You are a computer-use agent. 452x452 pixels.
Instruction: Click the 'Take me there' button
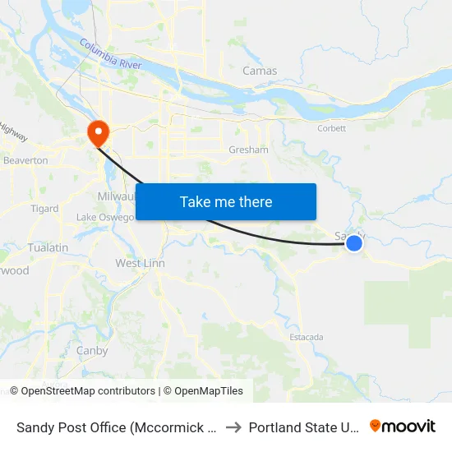click(x=226, y=201)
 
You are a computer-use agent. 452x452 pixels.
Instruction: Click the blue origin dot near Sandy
click(x=354, y=242)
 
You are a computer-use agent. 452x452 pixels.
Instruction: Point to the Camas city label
click(x=260, y=71)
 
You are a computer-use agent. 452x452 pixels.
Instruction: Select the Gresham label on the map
click(x=248, y=150)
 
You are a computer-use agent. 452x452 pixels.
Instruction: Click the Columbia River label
click(x=111, y=54)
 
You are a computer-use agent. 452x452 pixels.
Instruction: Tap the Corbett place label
click(x=332, y=128)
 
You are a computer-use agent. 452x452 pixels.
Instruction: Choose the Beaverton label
click(x=25, y=160)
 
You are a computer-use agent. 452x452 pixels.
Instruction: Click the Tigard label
click(x=44, y=209)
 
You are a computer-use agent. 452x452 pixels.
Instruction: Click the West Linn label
click(x=140, y=263)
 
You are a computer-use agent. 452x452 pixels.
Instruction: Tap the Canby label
click(x=92, y=351)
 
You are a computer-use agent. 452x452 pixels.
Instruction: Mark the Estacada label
click(x=307, y=337)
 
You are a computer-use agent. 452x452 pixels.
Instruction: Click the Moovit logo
click(x=403, y=427)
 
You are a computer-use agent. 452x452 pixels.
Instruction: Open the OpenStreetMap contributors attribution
click(x=82, y=391)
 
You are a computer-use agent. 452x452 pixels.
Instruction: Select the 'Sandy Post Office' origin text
click(x=115, y=427)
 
